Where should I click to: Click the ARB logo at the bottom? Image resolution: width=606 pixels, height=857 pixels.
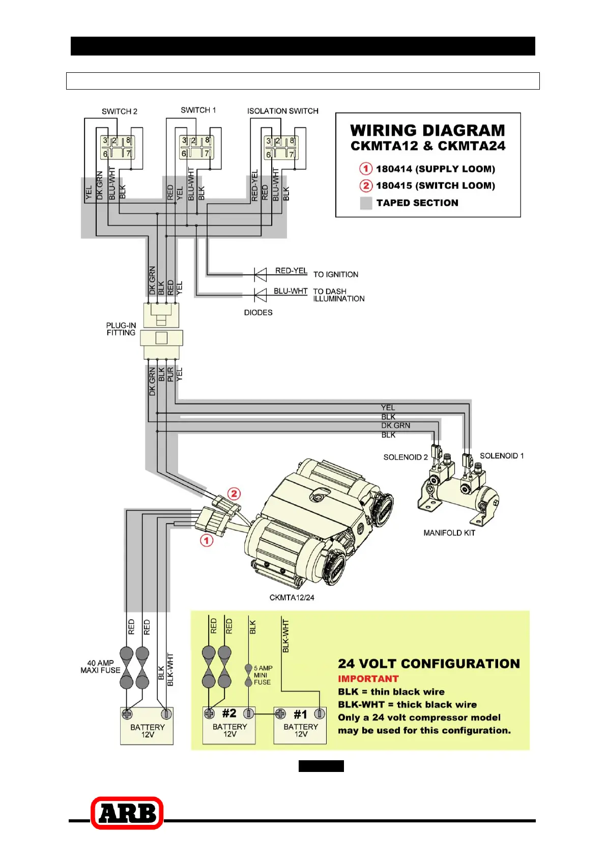point(127,813)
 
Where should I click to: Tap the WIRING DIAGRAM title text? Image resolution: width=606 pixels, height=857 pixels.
point(427,131)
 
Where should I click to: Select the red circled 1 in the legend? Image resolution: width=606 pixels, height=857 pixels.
point(366,169)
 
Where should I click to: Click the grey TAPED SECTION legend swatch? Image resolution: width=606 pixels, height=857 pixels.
point(366,203)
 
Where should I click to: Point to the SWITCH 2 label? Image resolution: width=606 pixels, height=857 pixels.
point(120,112)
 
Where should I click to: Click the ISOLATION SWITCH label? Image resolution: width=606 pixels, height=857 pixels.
point(283,111)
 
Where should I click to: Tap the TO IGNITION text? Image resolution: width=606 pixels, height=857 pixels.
point(336,274)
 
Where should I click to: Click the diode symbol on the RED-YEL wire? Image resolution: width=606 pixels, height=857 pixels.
point(261,275)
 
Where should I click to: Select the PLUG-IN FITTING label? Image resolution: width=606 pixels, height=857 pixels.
point(121,329)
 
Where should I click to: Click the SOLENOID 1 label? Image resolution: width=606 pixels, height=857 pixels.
point(502,456)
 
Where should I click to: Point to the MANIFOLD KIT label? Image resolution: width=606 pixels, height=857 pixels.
point(449,533)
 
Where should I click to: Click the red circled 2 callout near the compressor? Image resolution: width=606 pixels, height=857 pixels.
point(234,493)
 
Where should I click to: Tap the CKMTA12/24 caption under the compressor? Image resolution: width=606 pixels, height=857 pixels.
point(292,597)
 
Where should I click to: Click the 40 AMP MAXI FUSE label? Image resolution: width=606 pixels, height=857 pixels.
point(100,667)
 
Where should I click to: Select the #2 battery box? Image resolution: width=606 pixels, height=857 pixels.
point(229,726)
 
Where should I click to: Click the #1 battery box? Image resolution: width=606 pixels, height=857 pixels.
point(300,726)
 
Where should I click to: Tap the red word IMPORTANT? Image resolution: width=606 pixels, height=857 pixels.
point(368,679)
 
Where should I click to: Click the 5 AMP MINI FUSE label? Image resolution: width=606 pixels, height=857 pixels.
point(263,675)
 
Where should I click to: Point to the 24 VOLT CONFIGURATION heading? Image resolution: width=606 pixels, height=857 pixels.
point(429,664)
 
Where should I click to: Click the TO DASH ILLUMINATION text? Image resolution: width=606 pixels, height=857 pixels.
point(338,295)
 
